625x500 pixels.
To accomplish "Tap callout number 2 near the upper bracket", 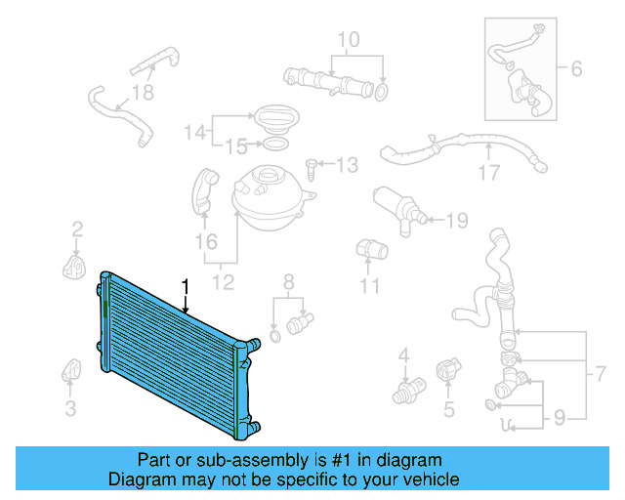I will coord(76,230).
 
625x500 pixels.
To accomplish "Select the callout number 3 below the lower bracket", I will coord(70,408).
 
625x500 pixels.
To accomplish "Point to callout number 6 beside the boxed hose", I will coord(575,68).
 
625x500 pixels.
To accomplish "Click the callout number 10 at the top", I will coord(349,40).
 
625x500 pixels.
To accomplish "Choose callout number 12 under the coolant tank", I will coord(224,283).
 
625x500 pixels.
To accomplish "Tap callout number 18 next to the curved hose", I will coord(144,93).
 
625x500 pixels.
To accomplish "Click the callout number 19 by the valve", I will coord(457,221).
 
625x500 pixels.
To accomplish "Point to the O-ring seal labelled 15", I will coord(275,146).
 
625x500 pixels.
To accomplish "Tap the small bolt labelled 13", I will coord(312,168).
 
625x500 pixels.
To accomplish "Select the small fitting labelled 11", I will coord(367,248).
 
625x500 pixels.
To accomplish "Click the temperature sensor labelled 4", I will coord(403,391).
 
